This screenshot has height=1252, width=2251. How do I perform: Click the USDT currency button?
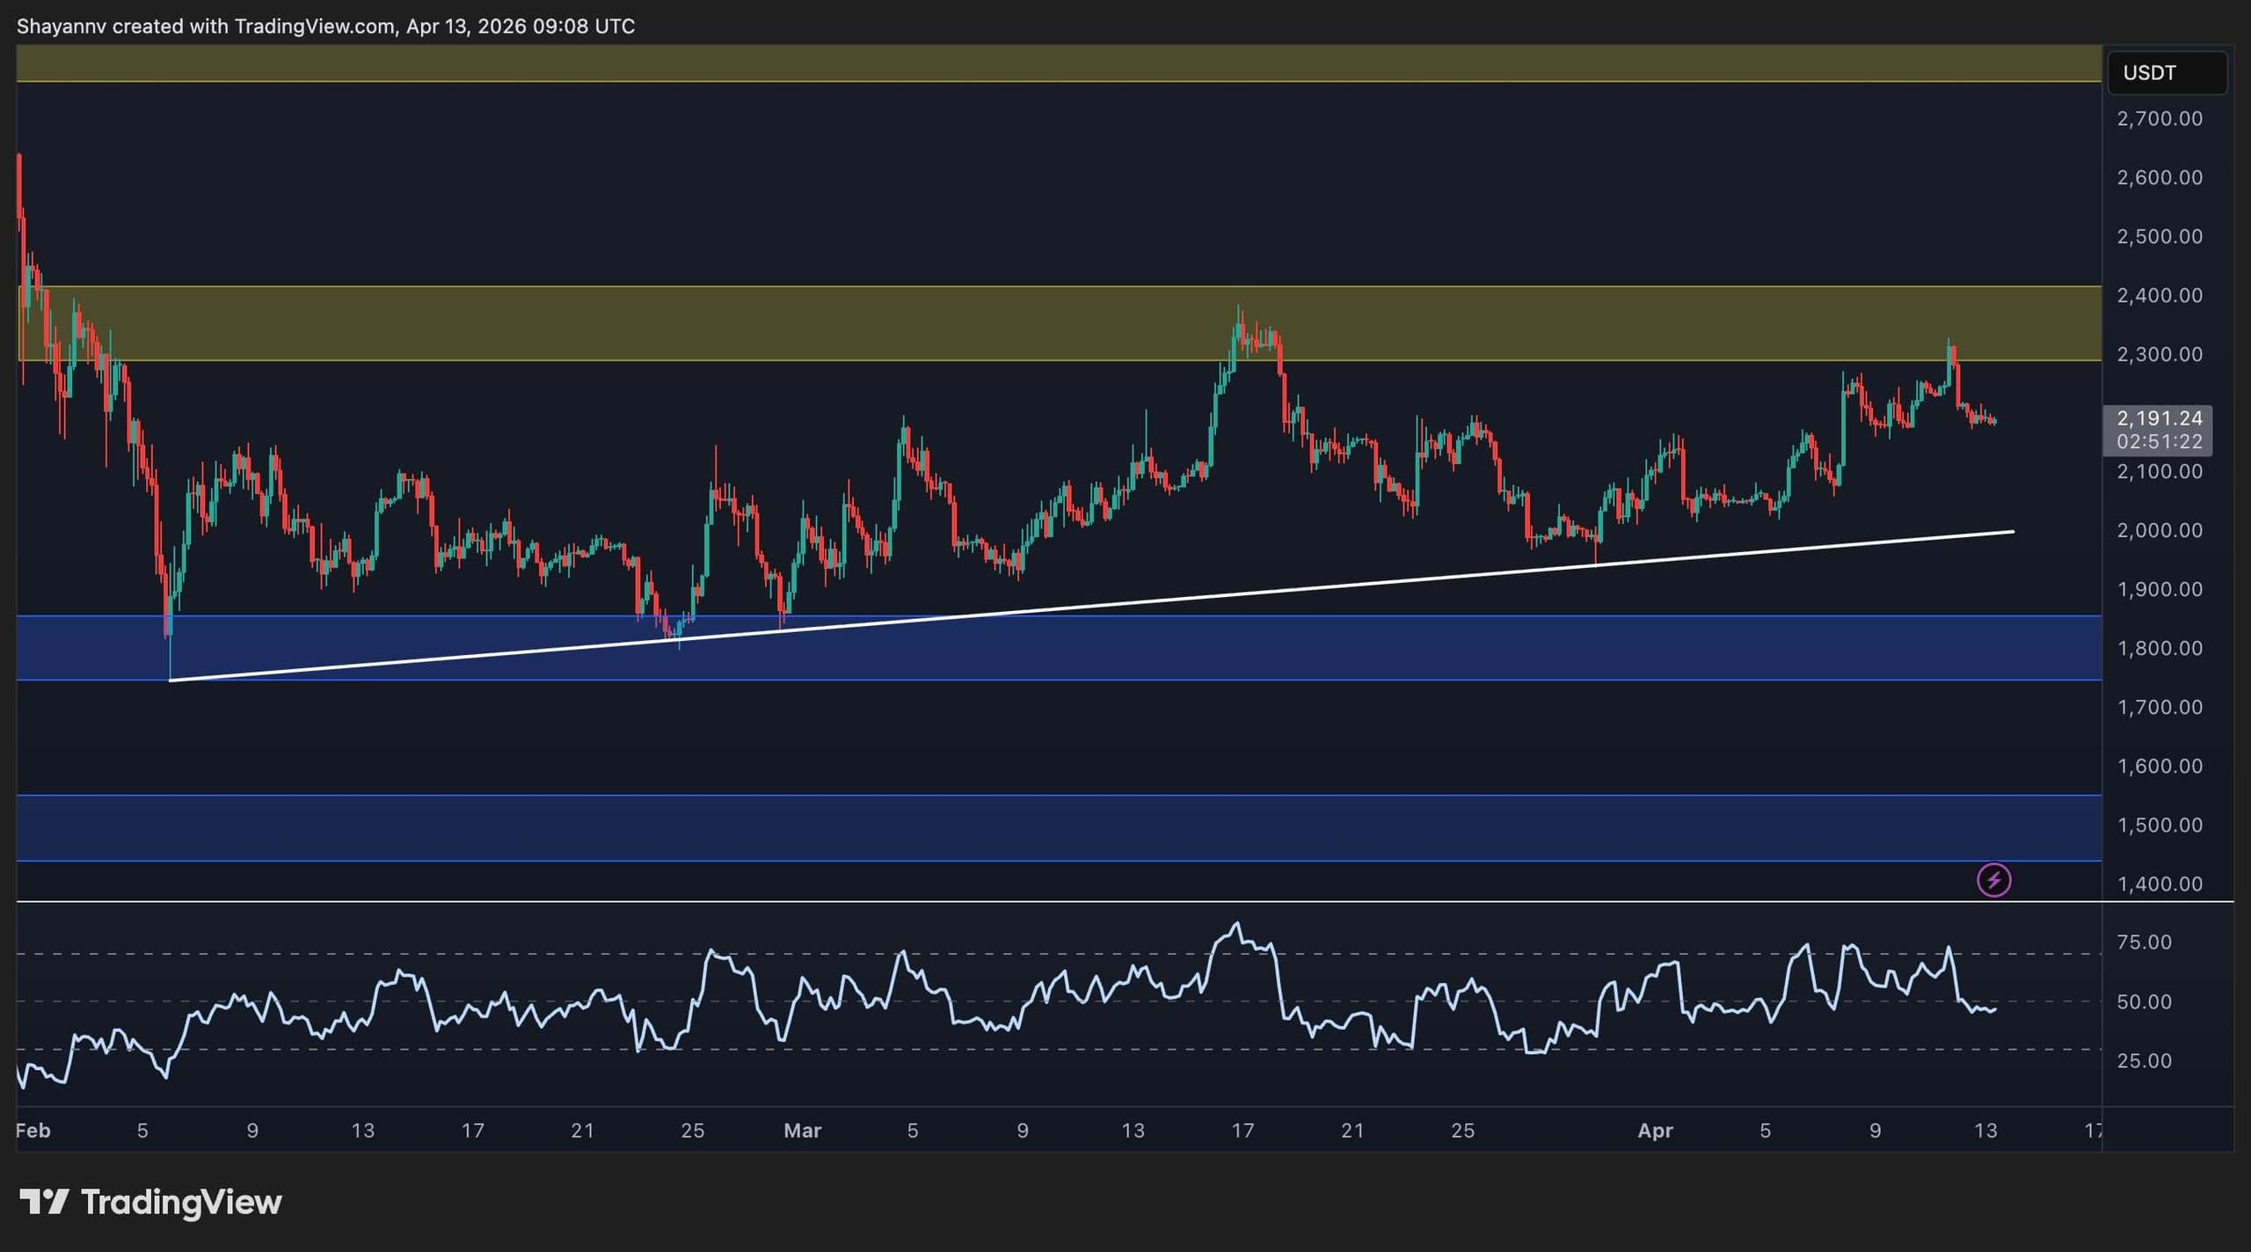tap(2166, 72)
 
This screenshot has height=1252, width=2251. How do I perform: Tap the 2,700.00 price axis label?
tap(2160, 119)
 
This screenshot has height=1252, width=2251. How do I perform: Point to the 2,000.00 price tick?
tap(2160, 530)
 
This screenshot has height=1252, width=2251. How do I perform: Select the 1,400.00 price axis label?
tap(2160, 884)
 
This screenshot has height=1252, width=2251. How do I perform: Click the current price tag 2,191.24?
tap(2159, 419)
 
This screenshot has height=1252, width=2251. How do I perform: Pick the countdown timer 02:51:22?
tap(2159, 441)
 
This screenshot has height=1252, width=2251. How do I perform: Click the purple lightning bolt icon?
tap(1993, 879)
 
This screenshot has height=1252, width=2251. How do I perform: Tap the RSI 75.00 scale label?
tap(2144, 943)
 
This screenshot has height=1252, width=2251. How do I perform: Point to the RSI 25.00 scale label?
tap(2144, 1060)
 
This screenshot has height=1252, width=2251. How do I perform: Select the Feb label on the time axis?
tap(33, 1131)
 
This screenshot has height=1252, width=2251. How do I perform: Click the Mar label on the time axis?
tap(802, 1131)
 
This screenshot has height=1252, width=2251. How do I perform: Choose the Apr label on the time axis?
tap(1655, 1131)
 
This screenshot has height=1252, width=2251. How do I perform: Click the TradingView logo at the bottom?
tap(150, 1202)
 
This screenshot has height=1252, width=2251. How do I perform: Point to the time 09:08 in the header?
tap(560, 26)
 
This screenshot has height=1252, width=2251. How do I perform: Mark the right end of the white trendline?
tap(2013, 531)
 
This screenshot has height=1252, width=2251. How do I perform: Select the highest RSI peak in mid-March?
tap(1237, 923)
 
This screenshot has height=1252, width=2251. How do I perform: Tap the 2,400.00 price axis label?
tap(2160, 295)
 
